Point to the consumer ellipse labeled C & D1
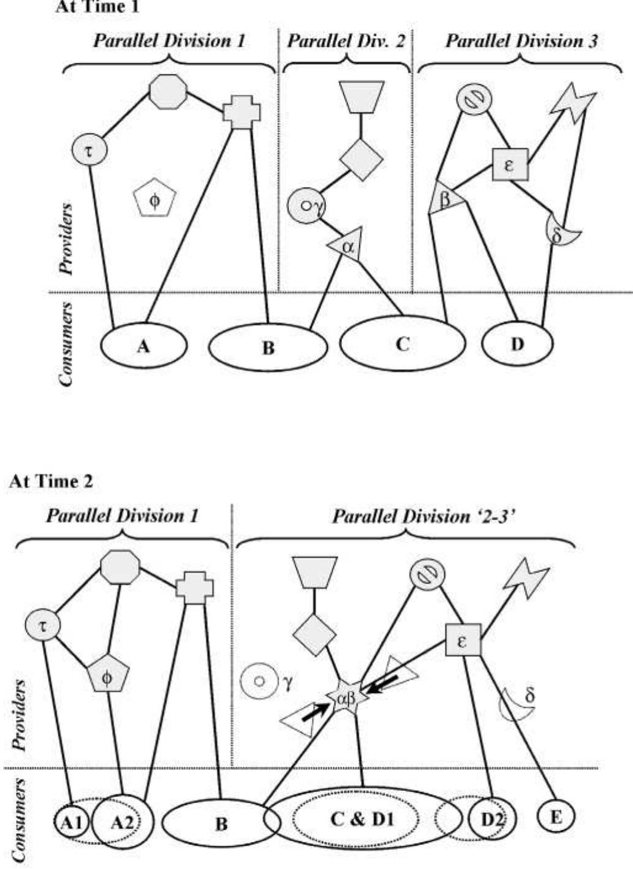click(x=363, y=820)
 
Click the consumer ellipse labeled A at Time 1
click(x=143, y=346)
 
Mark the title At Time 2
click(x=52, y=482)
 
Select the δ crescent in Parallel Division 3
click(x=562, y=231)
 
